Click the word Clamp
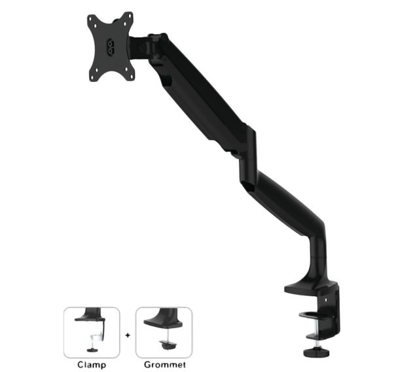coord(92,364)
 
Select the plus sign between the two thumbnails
coord(128,333)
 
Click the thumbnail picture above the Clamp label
coord(92,332)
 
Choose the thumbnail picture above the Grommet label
coord(164,332)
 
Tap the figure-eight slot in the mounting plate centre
coord(111,46)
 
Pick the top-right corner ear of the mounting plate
coord(128,16)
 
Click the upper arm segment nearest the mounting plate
coord(196,92)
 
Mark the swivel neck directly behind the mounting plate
coord(140,47)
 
